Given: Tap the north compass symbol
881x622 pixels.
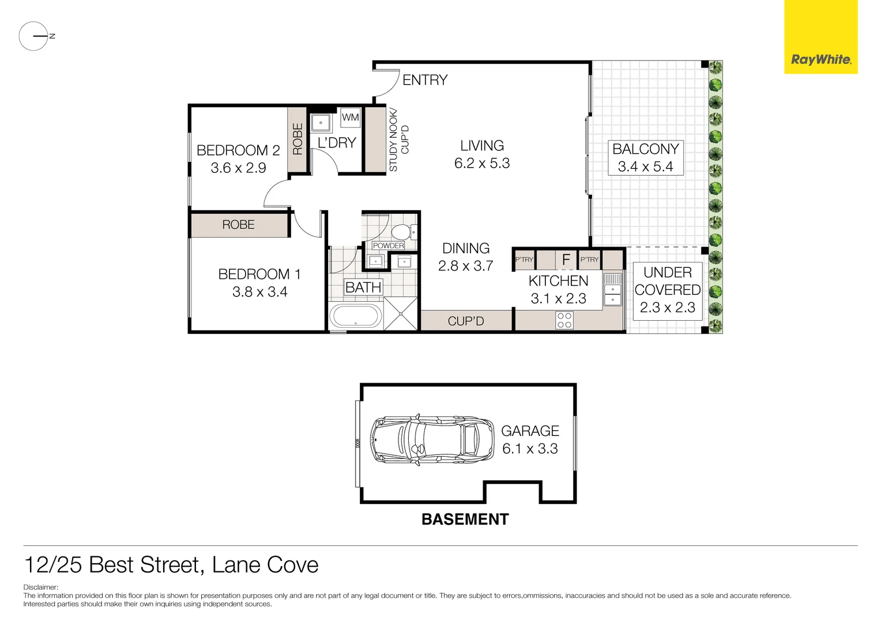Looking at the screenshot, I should click(34, 36).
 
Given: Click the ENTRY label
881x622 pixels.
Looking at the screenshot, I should click(424, 80).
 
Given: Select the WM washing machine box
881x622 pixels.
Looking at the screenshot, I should click(350, 117).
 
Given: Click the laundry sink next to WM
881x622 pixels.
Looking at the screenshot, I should click(321, 123).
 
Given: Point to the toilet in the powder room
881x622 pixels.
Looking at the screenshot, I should click(400, 233).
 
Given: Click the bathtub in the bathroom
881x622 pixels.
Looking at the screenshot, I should click(355, 317).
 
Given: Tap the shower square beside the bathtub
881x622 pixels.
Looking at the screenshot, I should click(401, 314).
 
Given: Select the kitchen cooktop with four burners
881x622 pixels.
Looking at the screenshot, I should click(564, 320).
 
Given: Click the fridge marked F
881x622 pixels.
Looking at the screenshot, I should click(566, 260).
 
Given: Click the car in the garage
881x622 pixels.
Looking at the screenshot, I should click(432, 439).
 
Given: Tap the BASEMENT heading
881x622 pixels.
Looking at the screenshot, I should click(465, 519).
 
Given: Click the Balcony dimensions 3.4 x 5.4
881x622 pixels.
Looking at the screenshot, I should click(645, 167).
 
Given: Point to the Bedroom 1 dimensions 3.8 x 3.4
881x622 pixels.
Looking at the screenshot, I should click(259, 292).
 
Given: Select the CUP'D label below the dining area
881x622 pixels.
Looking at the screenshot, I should click(466, 321).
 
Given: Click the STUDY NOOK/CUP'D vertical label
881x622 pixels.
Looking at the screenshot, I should click(398, 140).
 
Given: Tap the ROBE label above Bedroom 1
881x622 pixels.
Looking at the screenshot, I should click(238, 225).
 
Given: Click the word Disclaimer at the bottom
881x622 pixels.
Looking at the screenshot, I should click(41, 587).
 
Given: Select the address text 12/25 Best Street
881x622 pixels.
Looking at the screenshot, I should click(112, 565).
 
